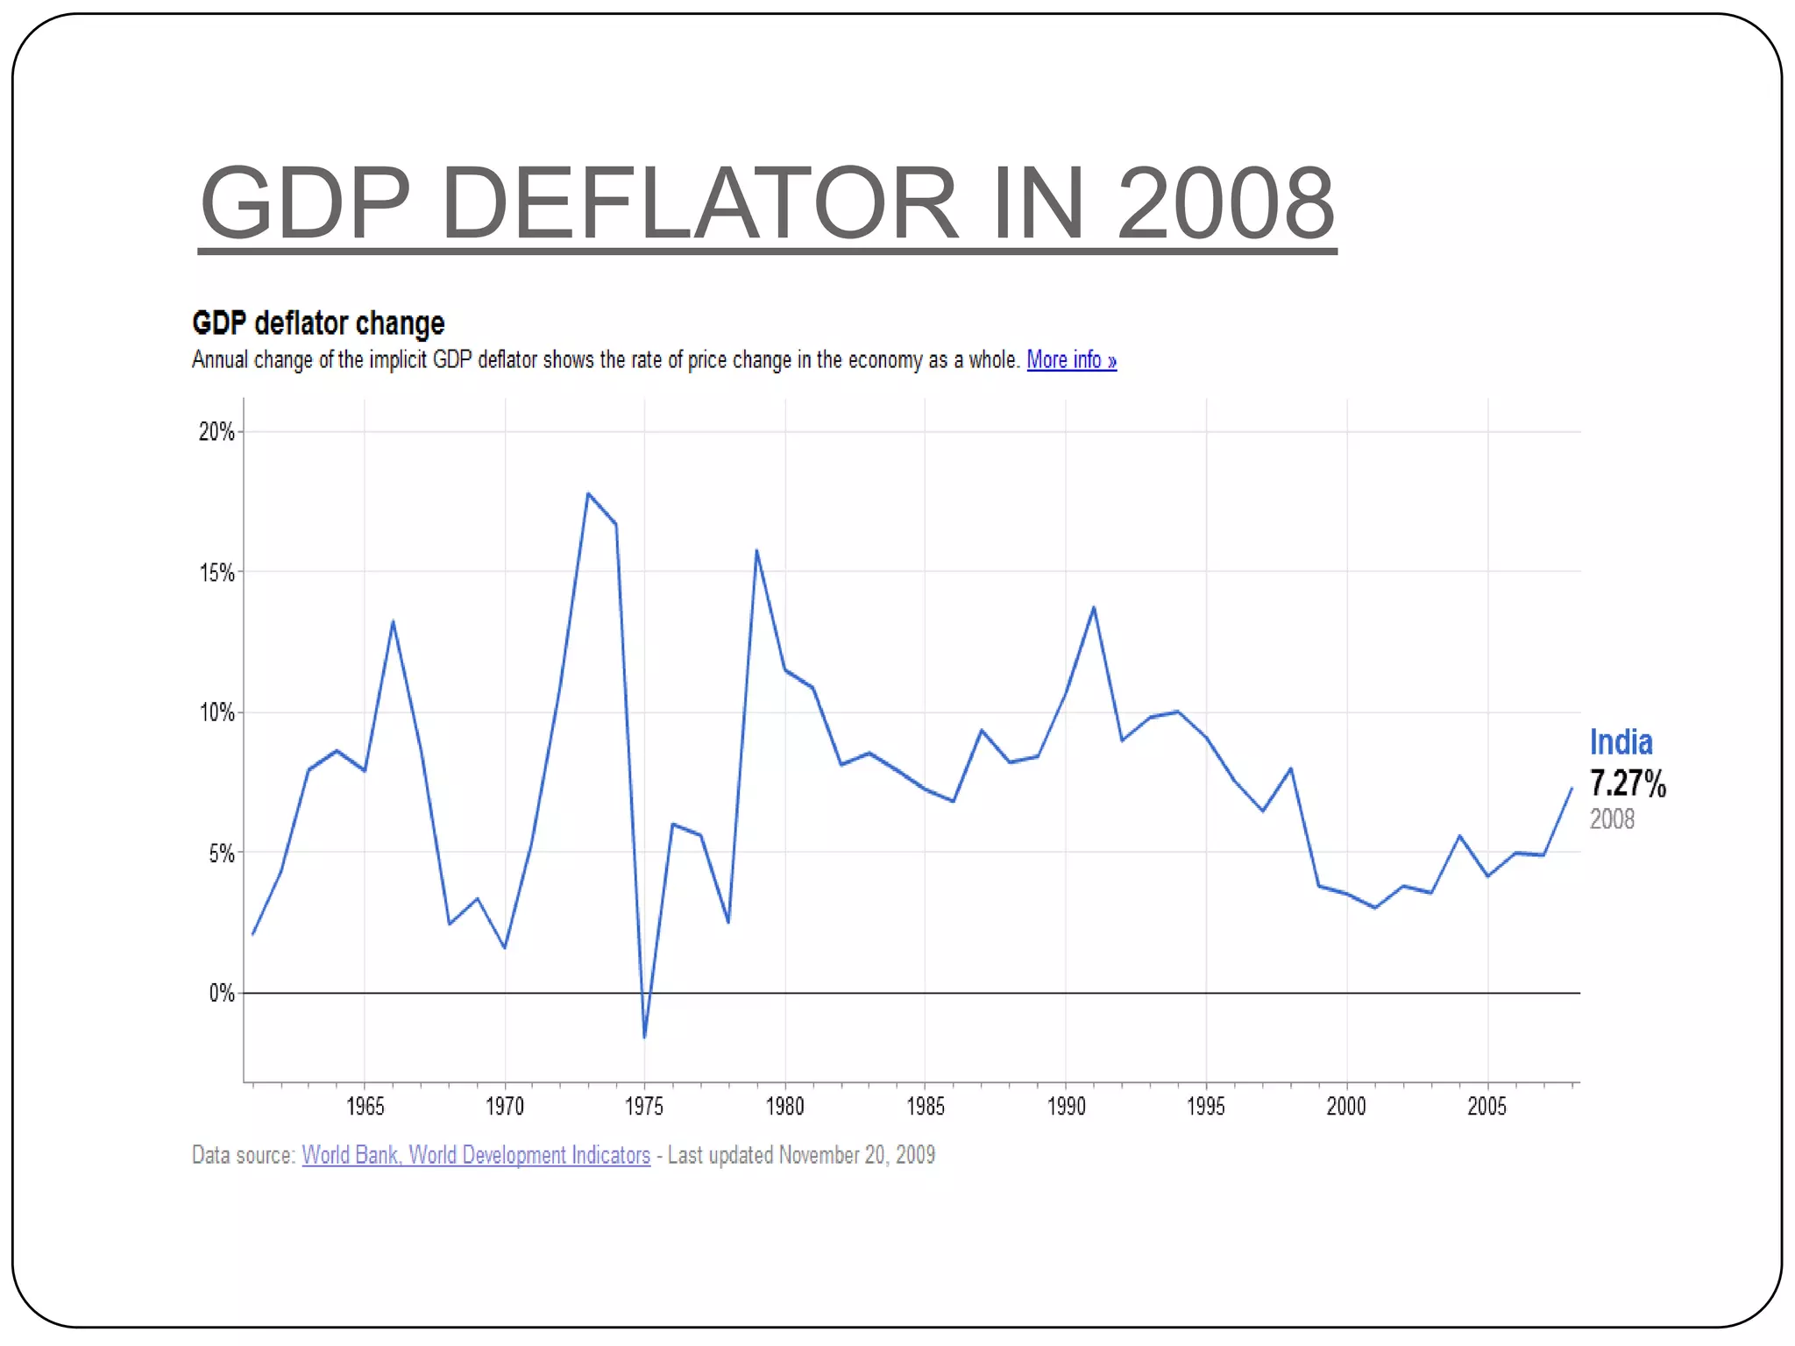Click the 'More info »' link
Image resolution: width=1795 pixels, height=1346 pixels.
coord(1071,360)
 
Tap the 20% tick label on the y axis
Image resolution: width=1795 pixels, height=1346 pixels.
coord(216,432)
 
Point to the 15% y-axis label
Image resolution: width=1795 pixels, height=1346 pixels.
coord(216,573)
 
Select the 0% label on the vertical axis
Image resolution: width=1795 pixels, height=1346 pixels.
coord(221,994)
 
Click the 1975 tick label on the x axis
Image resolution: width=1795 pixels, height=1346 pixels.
coord(644,1107)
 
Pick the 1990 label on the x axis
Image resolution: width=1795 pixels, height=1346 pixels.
coord(1066,1107)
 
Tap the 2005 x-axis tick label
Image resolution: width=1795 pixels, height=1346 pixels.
coord(1486,1107)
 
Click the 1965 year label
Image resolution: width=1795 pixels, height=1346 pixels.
coord(365,1107)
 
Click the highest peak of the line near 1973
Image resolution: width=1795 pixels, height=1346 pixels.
coord(588,494)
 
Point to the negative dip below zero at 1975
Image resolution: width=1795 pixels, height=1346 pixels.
coord(644,1037)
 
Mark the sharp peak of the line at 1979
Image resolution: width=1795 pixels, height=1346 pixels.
coord(756,551)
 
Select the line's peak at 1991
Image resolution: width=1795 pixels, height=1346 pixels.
coord(1094,607)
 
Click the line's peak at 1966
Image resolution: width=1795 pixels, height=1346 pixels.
coord(393,622)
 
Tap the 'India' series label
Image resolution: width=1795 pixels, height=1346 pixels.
coord(1621,742)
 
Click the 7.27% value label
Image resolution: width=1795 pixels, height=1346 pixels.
coord(1628,783)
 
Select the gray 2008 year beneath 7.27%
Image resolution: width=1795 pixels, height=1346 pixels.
coord(1612,819)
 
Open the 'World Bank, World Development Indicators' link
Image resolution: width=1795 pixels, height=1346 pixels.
coord(476,1155)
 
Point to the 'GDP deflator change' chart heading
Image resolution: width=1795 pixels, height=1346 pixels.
coord(318,323)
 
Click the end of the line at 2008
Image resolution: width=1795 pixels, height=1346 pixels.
coord(1571,790)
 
